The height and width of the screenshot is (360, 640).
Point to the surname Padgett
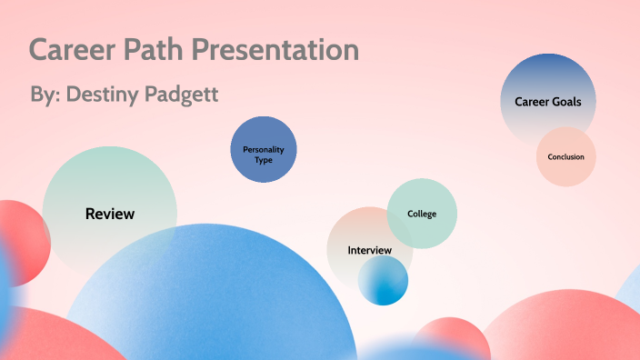click(x=185, y=95)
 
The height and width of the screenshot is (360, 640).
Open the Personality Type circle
click(x=264, y=151)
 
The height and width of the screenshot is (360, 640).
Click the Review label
click(x=110, y=215)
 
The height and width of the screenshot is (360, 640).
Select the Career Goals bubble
click(x=548, y=101)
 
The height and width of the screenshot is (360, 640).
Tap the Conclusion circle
click(x=565, y=157)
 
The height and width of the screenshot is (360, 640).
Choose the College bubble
click(x=422, y=215)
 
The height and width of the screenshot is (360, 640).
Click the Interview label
click(x=369, y=250)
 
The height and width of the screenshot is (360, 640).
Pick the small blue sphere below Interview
click(x=383, y=280)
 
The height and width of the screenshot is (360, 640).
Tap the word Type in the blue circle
click(x=264, y=160)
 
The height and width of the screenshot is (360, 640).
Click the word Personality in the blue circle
click(x=264, y=148)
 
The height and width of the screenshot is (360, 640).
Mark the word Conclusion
click(x=565, y=157)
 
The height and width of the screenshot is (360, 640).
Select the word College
click(x=422, y=215)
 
